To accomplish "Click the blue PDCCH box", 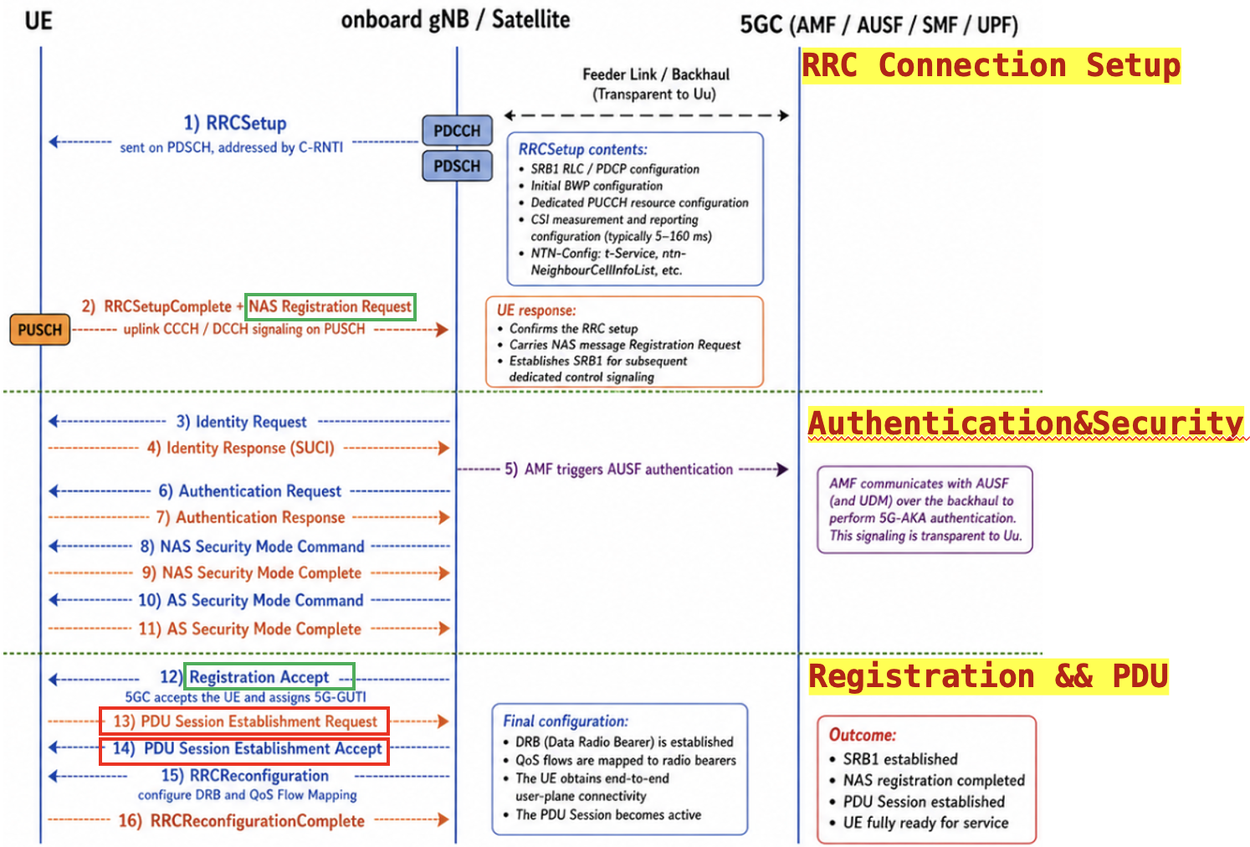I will click(457, 131).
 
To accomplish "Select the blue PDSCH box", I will click(457, 166).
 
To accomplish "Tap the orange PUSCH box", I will click(40, 330).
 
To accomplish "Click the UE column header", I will click(38, 20).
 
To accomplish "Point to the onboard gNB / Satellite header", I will click(455, 19).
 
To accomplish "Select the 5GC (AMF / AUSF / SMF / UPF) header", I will click(879, 24).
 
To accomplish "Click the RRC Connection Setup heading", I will click(991, 65).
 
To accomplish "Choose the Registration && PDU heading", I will click(987, 676).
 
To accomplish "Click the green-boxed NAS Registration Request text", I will click(330, 306).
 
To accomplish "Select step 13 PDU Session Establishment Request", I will click(244, 721).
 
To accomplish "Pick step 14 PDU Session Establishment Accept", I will click(244, 748).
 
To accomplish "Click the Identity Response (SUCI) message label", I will click(241, 448).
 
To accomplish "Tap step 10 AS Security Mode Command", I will click(251, 600).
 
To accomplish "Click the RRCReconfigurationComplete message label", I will click(242, 820).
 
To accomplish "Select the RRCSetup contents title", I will click(582, 149).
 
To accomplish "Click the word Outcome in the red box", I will click(862, 735).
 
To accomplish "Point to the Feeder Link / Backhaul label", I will click(655, 74).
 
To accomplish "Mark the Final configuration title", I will click(565, 721).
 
